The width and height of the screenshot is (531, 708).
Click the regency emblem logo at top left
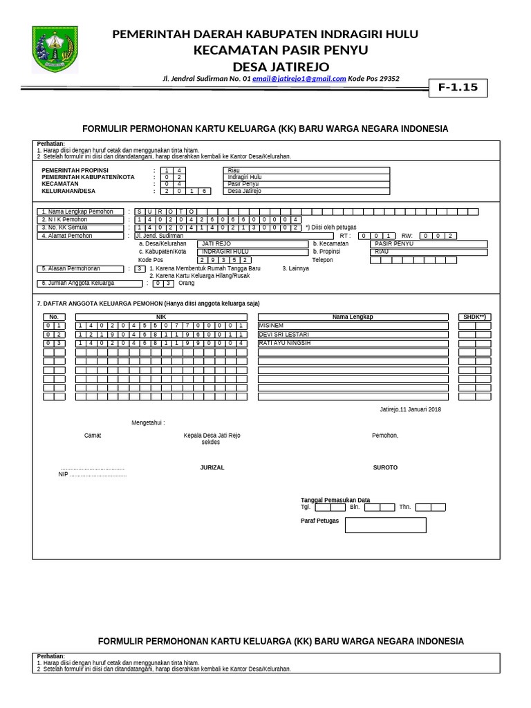tap(55, 49)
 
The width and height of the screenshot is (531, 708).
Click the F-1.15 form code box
tap(458, 88)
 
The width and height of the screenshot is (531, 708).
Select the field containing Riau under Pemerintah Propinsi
tap(306, 170)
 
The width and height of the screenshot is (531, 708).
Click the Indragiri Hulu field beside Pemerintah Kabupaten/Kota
tap(306, 177)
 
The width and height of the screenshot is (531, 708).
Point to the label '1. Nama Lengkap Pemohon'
tap(80, 212)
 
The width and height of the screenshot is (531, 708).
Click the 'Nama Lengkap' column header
tap(353, 317)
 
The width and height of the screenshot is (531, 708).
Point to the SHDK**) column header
tap(474, 317)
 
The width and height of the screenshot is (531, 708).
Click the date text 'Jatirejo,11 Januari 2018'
tap(410, 409)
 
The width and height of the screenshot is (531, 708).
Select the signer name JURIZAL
tap(212, 467)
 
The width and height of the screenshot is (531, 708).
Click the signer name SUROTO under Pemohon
tap(385, 467)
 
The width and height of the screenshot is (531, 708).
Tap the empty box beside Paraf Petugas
tap(385, 525)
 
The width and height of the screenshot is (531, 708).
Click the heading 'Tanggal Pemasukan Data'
tap(335, 500)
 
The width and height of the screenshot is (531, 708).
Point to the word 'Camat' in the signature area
tap(93, 435)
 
